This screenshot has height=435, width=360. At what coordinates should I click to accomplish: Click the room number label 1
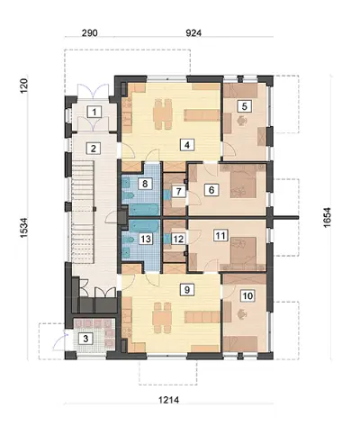pos(94,113)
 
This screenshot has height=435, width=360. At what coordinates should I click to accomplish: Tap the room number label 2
pos(94,149)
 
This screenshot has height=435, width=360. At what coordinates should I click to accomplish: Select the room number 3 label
pos(85,339)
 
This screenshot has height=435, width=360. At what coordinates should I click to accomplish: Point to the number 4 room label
pos(187,145)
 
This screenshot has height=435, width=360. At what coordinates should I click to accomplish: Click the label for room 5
pos(244,106)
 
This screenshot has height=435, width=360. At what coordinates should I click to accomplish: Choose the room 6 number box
pos(211,190)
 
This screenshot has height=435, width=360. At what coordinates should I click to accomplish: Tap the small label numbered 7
pos(179,191)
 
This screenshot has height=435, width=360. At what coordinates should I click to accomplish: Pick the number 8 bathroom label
pos(145,184)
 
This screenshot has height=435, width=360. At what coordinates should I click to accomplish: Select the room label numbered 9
pos(187,290)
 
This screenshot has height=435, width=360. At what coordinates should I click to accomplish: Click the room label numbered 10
pos(247,296)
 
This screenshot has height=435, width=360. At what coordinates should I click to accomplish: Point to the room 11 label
pos(220,235)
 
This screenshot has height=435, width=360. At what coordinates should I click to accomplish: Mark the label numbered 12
pos(178,239)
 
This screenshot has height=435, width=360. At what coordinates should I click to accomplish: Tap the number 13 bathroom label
pos(146,239)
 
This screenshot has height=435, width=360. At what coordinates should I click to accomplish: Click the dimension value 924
pos(193,32)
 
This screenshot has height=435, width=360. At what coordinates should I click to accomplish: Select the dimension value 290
pos(90,32)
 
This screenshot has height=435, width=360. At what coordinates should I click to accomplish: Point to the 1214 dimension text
pos(168,400)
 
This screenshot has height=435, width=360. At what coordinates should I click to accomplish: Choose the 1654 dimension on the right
pos(327,217)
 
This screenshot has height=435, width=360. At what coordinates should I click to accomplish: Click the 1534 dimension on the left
pos(23,228)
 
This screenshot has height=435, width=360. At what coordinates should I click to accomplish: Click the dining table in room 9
pos(162,318)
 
